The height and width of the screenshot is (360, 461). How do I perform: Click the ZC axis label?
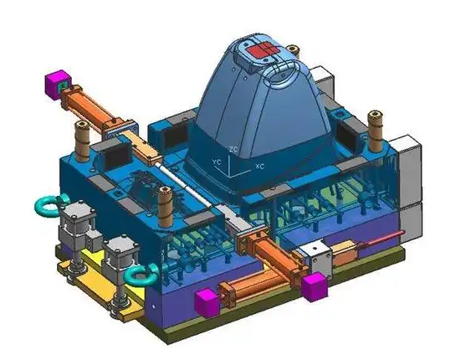[233, 149]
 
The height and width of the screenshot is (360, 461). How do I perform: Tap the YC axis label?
[217, 162]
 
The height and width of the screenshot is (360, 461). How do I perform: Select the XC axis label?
[259, 167]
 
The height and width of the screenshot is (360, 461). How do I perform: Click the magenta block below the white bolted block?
[315, 286]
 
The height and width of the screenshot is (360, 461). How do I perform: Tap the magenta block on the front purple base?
[207, 302]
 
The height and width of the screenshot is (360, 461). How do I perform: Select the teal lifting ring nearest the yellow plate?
[141, 275]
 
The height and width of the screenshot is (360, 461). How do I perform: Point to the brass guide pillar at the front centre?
[165, 207]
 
